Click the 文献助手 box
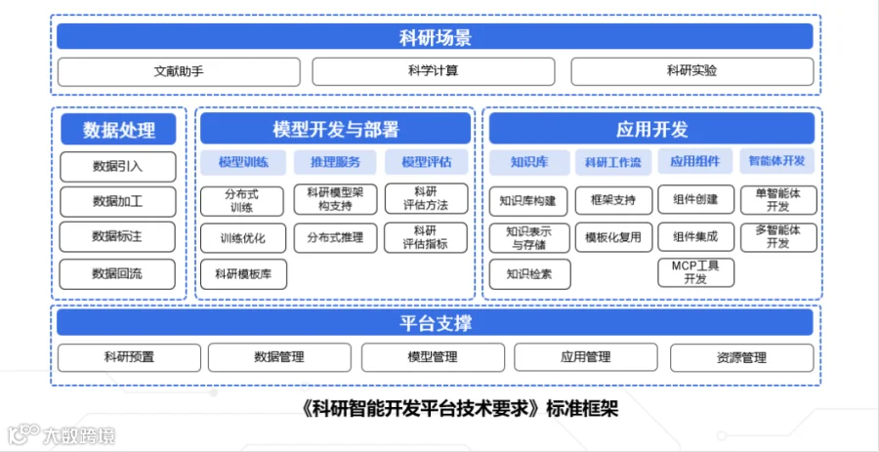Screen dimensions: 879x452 point(179,71)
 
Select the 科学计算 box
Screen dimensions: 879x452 point(434,71)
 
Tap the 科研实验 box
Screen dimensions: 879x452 point(691,71)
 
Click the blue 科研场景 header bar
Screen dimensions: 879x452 point(435,36)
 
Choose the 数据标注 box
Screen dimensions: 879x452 point(118,236)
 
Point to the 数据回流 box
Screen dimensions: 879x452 point(118,274)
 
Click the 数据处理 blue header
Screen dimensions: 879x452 point(119,130)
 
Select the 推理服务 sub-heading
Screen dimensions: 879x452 point(336,162)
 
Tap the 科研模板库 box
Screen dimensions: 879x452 point(243,274)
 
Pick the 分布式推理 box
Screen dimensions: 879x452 point(335,237)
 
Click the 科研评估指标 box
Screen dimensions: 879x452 point(426,237)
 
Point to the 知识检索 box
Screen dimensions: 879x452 point(529,274)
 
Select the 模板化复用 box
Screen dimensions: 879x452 point(613,237)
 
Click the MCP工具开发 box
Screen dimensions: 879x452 point(695,272)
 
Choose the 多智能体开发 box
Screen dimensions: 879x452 point(778,237)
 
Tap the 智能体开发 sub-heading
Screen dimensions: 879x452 point(777,161)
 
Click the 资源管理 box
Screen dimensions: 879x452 point(741,358)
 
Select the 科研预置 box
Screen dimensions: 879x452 point(129,358)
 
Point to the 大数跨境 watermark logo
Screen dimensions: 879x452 point(62,434)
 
